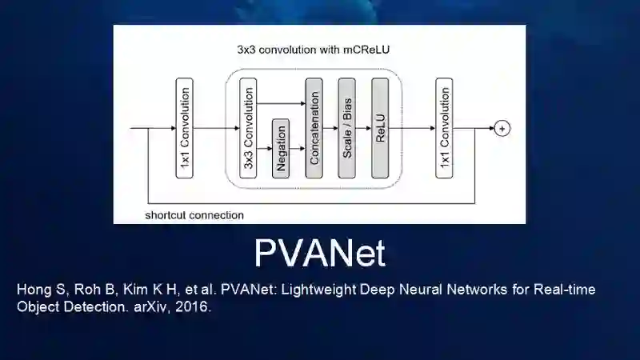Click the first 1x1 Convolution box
pos(184,128)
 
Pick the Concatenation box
pos(314,128)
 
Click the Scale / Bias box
pos(347,128)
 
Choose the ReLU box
pos(380,128)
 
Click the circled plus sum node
pos(502,128)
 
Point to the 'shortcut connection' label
pos(194,215)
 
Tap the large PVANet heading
pos(320,253)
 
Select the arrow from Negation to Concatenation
pos(297,149)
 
